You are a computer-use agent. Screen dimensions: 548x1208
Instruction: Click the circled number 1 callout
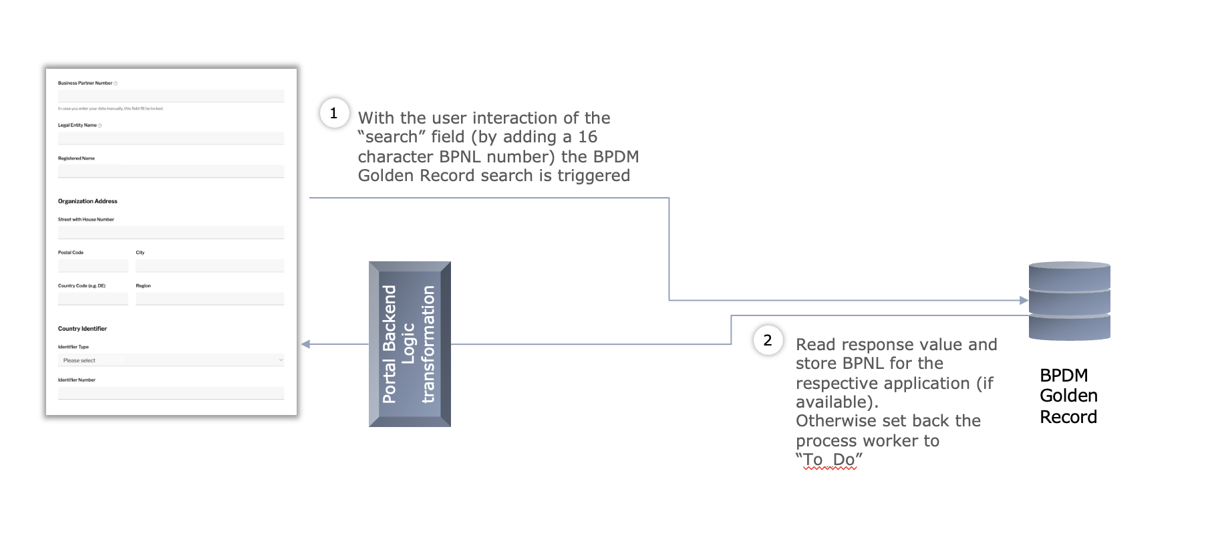pyautogui.click(x=334, y=113)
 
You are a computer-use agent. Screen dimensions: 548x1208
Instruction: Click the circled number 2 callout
pyautogui.click(x=768, y=340)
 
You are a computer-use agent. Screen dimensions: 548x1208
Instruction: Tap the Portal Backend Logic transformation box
pyautogui.click(x=410, y=344)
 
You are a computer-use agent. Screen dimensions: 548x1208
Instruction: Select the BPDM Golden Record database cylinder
pyautogui.click(x=1069, y=301)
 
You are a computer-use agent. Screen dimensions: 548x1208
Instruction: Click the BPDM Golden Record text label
pyautogui.click(x=1068, y=396)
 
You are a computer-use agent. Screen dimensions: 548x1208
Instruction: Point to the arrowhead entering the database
pyautogui.click(x=1024, y=301)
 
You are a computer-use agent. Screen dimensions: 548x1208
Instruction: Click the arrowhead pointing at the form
pyautogui.click(x=306, y=344)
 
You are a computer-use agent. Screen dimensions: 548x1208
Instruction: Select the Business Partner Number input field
pyautogui.click(x=170, y=96)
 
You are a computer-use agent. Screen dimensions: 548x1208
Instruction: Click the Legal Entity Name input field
pyautogui.click(x=170, y=138)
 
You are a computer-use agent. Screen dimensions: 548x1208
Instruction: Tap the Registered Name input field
pyautogui.click(x=170, y=171)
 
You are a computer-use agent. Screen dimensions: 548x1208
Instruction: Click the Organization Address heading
pyautogui.click(x=88, y=201)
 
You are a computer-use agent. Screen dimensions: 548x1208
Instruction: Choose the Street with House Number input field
pyautogui.click(x=170, y=233)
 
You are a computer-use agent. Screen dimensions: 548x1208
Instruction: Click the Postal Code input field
pyautogui.click(x=93, y=266)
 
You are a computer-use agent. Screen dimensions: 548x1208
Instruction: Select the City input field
pyautogui.click(x=210, y=266)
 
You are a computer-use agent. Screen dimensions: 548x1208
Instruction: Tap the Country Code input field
pyautogui.click(x=93, y=299)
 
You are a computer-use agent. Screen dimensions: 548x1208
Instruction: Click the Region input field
pyautogui.click(x=210, y=299)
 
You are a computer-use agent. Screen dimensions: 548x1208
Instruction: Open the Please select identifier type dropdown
pyautogui.click(x=170, y=360)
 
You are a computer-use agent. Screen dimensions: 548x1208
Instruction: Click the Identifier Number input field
pyautogui.click(x=170, y=393)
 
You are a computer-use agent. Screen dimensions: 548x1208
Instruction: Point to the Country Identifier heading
pyautogui.click(x=82, y=329)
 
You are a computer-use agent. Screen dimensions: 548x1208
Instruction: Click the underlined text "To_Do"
pyautogui.click(x=829, y=460)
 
